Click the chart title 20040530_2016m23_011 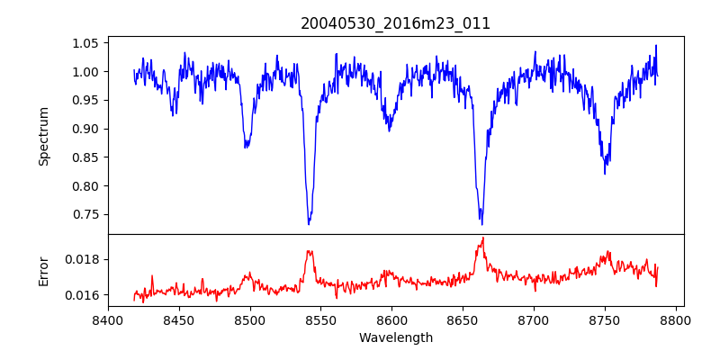pos(396,23)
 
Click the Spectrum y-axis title pos(43,136)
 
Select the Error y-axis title pos(43,271)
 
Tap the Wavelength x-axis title pos(396,338)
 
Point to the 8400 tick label pos(108,319)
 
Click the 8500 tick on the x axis pos(250,319)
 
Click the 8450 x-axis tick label pos(179,319)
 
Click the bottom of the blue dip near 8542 pos(309,223)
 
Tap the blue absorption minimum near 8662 pos(481,224)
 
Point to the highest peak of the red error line pos(483,238)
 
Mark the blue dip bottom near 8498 pos(246,147)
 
